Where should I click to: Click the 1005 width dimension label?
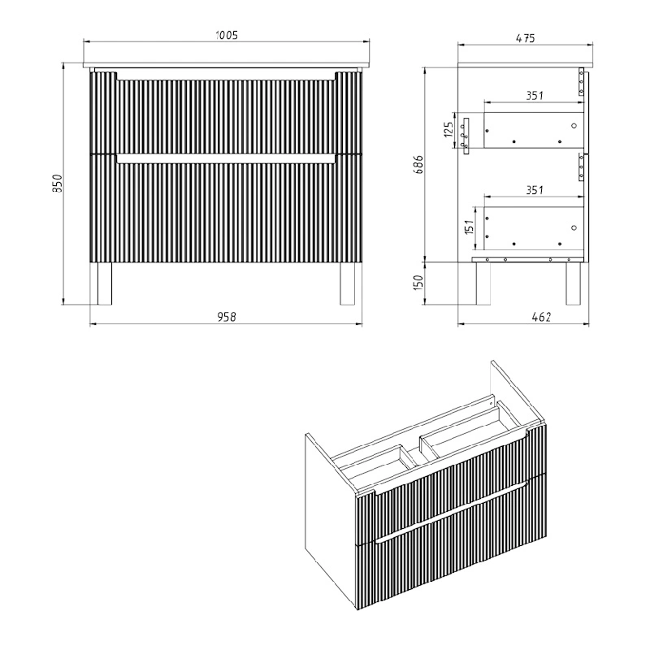tap(227, 35)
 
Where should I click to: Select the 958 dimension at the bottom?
tap(227, 317)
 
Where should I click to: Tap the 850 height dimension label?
tap(57, 184)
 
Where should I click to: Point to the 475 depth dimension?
tap(525, 38)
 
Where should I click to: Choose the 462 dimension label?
tap(541, 317)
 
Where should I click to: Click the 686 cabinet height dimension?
tap(418, 164)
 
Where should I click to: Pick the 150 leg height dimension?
tap(418, 283)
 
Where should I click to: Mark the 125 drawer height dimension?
tap(448, 130)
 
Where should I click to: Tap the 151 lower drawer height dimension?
tap(469, 227)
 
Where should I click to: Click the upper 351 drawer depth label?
tap(535, 96)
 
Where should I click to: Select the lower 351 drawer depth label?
tap(535, 190)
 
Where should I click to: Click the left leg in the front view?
tap(104, 284)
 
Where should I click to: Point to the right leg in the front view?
tap(348, 284)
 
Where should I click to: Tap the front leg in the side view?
tap(483, 284)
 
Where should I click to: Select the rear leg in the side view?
tap(573, 284)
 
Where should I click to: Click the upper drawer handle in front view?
tap(226, 76)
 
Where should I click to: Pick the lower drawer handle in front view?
tap(226, 159)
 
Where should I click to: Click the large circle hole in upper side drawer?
tap(574, 126)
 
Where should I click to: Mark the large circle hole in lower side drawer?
tap(574, 227)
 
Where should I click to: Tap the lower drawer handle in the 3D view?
tap(452, 512)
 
